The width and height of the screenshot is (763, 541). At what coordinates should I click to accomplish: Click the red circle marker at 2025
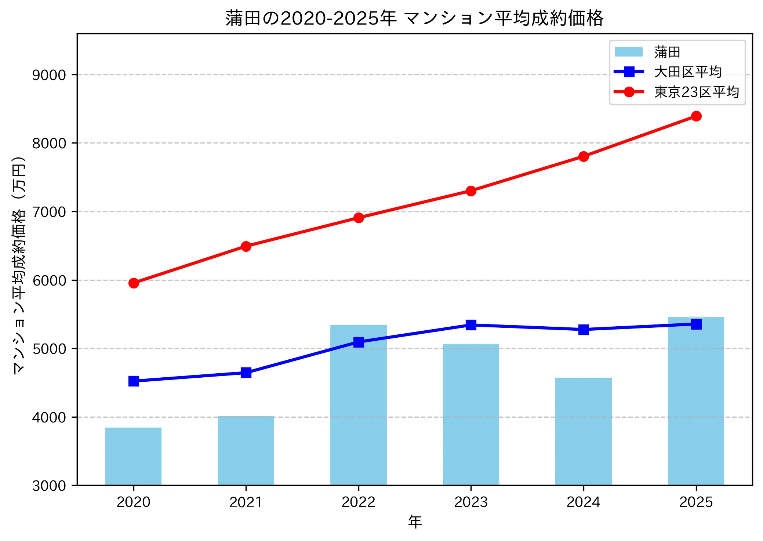pos(696,116)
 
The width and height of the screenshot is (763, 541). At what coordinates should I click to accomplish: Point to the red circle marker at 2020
pos(134,283)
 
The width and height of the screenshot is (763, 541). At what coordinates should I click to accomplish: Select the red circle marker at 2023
pos(471,191)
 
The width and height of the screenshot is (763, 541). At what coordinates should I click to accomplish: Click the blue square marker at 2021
pos(246,373)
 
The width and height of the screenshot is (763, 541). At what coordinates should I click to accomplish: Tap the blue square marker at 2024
pos(583,330)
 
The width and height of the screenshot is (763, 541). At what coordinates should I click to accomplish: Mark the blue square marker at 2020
pos(134,381)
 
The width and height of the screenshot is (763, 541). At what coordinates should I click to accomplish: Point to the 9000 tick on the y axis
pos(49,75)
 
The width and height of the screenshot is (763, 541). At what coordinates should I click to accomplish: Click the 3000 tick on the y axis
pos(49,486)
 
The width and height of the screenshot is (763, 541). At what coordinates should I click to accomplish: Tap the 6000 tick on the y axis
pos(49,280)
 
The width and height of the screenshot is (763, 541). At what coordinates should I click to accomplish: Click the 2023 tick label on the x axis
pos(471,502)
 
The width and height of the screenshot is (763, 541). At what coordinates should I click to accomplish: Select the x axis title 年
pos(415,522)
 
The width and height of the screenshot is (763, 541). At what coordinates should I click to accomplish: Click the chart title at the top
pos(414,18)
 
